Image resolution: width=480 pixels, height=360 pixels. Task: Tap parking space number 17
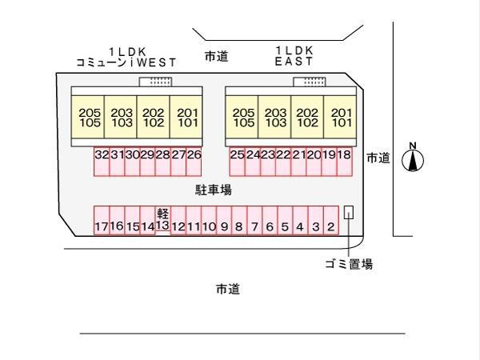pos(102,221)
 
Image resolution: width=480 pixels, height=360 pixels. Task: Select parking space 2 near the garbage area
pos(331,221)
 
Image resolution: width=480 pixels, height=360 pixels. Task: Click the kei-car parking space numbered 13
pos(162,221)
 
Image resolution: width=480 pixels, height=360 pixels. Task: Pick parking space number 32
pos(102,162)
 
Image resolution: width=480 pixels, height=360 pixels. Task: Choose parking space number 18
pos(344,162)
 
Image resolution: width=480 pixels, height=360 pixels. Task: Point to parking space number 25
pos(237,162)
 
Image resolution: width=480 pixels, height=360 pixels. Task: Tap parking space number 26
pos(194,162)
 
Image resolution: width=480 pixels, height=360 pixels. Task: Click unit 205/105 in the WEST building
pos(88,117)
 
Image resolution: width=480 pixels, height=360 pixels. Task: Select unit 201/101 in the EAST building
pos(340,117)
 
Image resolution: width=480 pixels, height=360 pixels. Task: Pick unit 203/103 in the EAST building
pos(274,117)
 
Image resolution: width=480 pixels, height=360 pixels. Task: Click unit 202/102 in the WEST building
pos(153,117)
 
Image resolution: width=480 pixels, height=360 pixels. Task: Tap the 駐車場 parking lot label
pos(214,190)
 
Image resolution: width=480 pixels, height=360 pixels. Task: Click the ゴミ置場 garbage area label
pos(349,263)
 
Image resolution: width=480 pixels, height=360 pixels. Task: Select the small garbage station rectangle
pos(349,212)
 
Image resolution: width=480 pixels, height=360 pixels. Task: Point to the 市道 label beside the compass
pos(378,158)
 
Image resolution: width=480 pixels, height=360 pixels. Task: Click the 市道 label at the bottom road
pos(228,289)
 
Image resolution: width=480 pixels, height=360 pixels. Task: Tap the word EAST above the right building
pos(294,62)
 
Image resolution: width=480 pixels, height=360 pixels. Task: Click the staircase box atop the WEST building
pos(155,82)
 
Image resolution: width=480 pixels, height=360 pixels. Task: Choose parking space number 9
pos(224,221)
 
